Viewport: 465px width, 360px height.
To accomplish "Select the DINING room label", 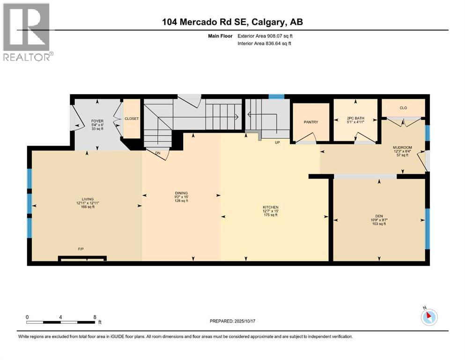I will coord(181,193).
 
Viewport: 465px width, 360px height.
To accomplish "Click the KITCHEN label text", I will coord(270,207).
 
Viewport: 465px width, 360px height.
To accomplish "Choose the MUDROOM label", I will coord(401,147).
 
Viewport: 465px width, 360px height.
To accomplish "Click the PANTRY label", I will coord(311,122).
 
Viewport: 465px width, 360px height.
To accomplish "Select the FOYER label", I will coord(97,121).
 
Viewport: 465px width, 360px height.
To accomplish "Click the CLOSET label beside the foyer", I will coord(132,119).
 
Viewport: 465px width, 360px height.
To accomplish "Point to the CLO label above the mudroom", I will coord(403,108).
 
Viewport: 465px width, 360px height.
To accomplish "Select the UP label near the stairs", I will coord(277,142).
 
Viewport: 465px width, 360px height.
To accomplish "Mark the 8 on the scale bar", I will coord(95,317).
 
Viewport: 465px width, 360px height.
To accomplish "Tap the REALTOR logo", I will coord(27,32).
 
